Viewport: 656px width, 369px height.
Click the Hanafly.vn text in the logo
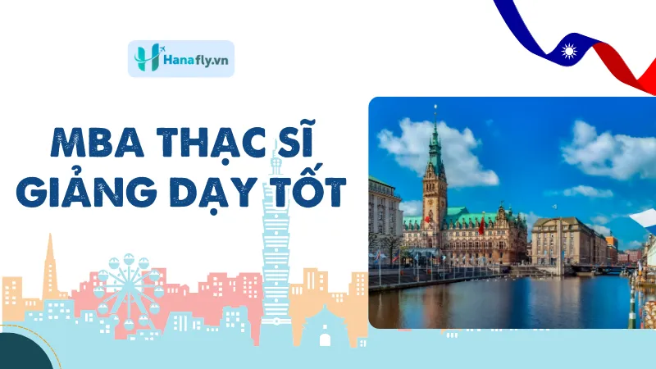[x=196, y=60]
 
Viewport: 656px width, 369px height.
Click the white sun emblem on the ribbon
[x=569, y=52]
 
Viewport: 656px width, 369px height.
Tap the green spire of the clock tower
[x=435, y=137]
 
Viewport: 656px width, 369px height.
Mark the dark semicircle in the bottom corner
[x=23, y=353]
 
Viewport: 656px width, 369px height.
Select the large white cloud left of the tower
[x=435, y=152]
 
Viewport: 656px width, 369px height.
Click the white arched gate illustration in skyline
[x=325, y=339]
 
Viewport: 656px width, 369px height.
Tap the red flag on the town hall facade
[x=481, y=226]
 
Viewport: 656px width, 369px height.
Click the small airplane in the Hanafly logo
[x=161, y=49]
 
